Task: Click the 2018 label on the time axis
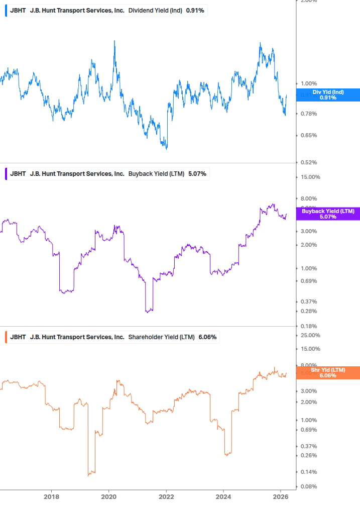click(x=51, y=497)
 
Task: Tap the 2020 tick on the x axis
click(x=109, y=497)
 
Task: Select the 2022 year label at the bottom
click(x=166, y=497)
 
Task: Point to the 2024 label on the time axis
click(x=224, y=497)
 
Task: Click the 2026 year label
click(x=281, y=497)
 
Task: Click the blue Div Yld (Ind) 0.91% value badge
click(x=328, y=95)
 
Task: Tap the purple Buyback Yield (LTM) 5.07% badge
click(x=328, y=214)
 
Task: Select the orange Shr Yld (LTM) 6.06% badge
click(x=328, y=372)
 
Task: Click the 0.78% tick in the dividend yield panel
click(x=309, y=114)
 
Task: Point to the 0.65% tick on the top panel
click(x=309, y=135)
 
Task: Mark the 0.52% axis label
click(x=309, y=162)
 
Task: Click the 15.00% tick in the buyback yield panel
click(x=310, y=177)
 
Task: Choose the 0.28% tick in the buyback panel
click(x=309, y=311)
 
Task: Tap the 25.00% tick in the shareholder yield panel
click(x=310, y=335)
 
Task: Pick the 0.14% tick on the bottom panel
click(x=309, y=472)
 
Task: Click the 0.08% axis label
click(x=309, y=486)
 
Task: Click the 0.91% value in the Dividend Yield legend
click(x=195, y=11)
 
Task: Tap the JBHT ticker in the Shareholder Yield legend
click(x=18, y=337)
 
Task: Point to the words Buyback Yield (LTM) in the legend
click(x=156, y=174)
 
